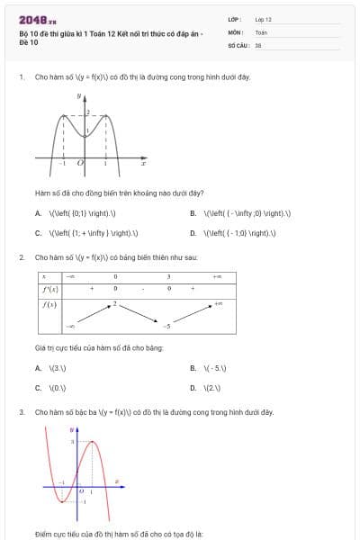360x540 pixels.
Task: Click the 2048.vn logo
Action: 37,20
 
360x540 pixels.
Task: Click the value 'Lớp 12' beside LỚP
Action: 263,19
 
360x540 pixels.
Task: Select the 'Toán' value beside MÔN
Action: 261,31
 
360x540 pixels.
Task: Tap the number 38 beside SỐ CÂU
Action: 257,44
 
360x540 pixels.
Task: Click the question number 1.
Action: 21,77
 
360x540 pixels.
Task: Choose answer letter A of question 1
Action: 38,213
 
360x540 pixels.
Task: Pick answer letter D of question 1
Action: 193,232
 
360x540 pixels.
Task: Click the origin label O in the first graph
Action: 80,163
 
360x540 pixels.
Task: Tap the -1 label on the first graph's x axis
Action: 62,163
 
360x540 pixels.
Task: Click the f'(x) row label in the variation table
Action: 50,289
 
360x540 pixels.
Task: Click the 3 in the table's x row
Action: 168,276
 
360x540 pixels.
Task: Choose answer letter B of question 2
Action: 193,368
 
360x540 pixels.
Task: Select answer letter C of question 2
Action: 38,388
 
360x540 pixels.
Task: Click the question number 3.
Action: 21,412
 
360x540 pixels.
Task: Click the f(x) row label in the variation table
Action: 50,304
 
